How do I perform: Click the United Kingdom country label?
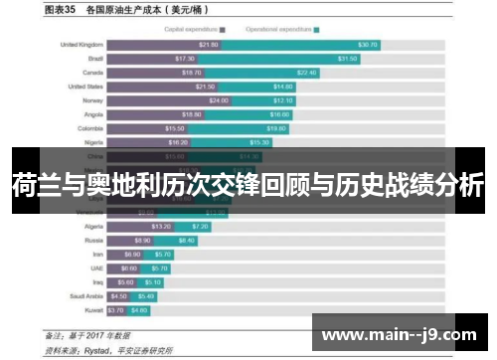[81, 45]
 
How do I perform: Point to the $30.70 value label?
[367, 45]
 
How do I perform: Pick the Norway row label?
[91, 100]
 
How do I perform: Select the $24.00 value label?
[219, 100]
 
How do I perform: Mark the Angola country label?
[92, 114]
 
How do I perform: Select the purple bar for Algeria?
[139, 226]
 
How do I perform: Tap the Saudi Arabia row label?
[86, 295]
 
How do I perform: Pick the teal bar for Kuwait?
[139, 309]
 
